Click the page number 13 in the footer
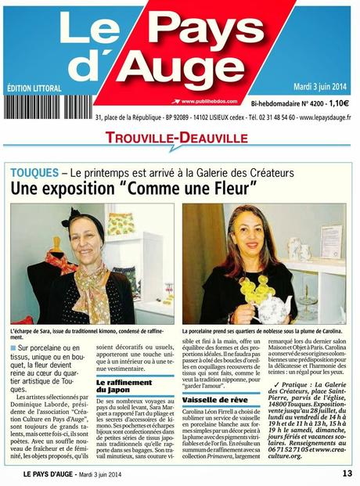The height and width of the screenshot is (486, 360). (347, 473)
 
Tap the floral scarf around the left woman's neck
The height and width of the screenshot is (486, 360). (88, 281)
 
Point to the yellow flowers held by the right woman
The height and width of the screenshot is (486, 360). (252, 289)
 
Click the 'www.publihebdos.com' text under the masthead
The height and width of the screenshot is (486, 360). (207, 101)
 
